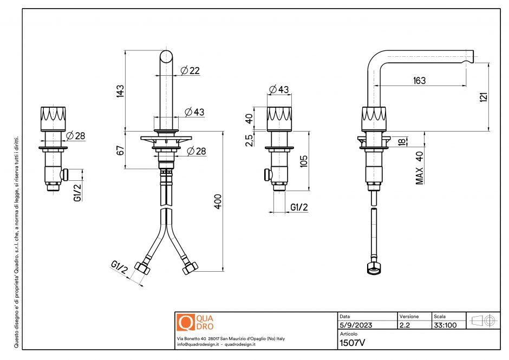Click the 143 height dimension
point(120,90)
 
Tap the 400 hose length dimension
point(218,201)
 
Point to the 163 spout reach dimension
point(419,81)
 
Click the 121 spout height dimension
point(484,96)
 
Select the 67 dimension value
point(120,150)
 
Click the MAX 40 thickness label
point(420,167)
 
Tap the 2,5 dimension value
point(249,140)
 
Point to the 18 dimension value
point(416,141)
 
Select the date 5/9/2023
point(355,325)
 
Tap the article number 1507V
point(353,342)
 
